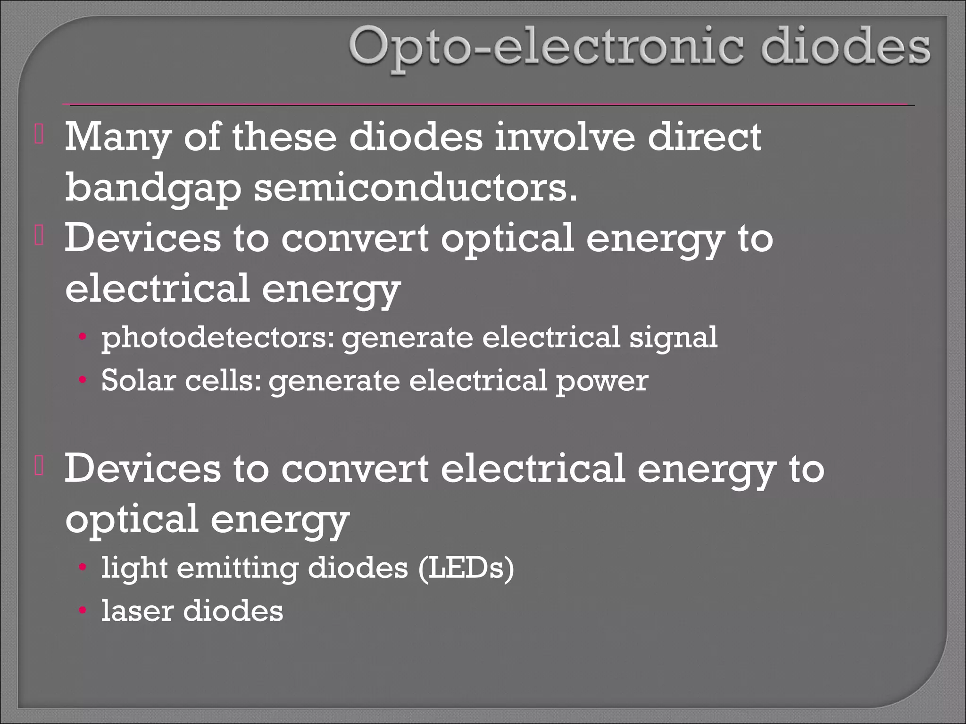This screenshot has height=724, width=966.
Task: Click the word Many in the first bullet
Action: [x=117, y=138]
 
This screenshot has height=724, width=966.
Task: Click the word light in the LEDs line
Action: [x=135, y=568]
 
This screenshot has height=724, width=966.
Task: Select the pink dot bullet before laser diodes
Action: [x=83, y=611]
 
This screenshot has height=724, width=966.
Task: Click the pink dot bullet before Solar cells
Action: [x=83, y=380]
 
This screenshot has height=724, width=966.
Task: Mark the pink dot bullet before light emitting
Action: [x=83, y=568]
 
